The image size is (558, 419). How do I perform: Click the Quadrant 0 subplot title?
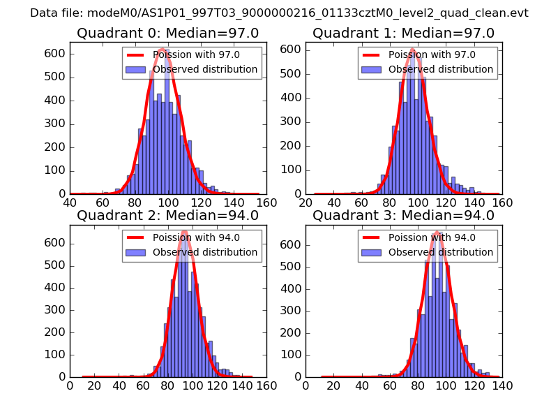point(167,34)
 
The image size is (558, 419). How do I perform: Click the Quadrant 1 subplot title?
point(403,34)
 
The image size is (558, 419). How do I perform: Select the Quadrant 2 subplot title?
point(167,216)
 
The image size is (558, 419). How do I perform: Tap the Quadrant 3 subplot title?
point(403,216)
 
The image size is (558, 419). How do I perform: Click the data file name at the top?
point(279,13)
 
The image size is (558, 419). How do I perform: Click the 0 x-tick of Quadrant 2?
point(70,385)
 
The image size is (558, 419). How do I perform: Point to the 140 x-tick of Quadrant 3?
point(502,385)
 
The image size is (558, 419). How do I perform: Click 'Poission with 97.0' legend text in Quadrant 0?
point(196,55)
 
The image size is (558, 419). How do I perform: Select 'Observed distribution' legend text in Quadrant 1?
point(441,70)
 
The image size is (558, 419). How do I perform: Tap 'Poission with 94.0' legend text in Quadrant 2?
point(196,237)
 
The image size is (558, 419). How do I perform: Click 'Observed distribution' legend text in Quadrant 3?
point(441,252)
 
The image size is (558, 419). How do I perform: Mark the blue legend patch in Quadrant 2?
point(136,252)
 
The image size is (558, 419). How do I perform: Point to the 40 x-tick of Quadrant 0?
point(70,203)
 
